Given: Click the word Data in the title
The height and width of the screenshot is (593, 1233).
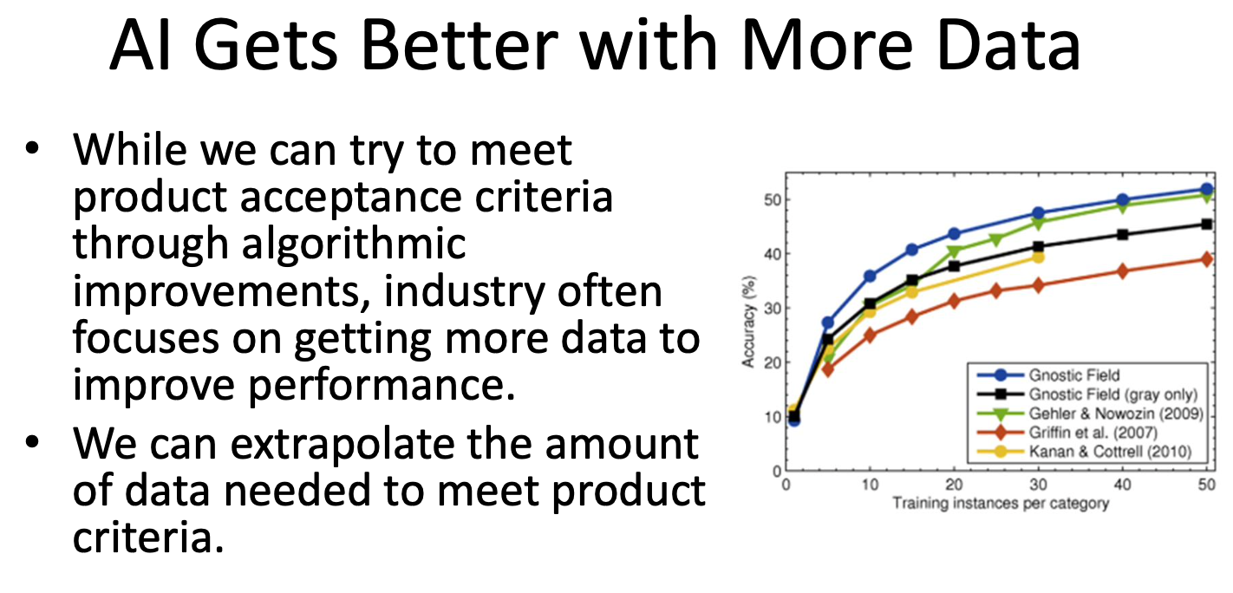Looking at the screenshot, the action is tap(1008, 45).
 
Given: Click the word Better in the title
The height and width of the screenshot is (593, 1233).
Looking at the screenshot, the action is tap(459, 45).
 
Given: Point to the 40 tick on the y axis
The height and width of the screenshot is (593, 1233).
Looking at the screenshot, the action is tap(773, 254).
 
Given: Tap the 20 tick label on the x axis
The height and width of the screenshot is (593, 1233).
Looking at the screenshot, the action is tap(954, 485).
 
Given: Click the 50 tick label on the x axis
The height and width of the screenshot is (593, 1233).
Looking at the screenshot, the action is tap(1207, 485).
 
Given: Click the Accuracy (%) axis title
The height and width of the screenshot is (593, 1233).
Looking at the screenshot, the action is tap(748, 322).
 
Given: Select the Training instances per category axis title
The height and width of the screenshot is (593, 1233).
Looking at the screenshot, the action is tap(1001, 504).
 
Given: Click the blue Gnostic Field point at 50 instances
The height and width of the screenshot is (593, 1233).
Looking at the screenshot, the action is tap(1207, 189).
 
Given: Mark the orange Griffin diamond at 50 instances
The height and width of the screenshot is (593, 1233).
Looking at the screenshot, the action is tap(1207, 259).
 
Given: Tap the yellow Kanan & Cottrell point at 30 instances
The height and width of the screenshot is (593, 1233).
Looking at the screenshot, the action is tap(1038, 257).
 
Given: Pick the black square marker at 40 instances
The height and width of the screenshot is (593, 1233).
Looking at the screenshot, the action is tap(1122, 235).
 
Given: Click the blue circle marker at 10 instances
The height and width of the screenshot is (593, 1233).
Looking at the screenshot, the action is tap(871, 277).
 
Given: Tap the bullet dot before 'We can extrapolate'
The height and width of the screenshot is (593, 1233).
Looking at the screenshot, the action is tap(32, 442).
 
